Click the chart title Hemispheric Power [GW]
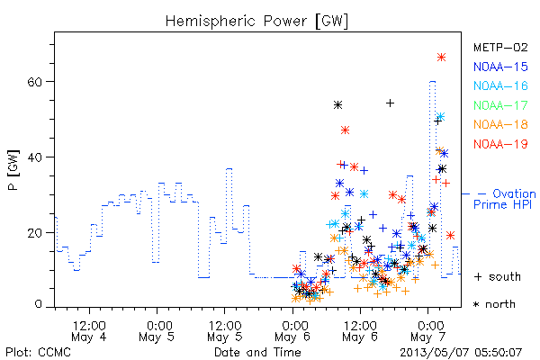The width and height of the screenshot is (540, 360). pyautogui.click(x=256, y=21)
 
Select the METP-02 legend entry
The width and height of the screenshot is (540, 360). pyautogui.click(x=500, y=48)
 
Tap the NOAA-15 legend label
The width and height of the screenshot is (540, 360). pyautogui.click(x=500, y=67)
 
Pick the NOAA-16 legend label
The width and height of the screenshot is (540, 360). pyautogui.click(x=500, y=85)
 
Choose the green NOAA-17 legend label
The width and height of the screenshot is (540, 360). pyautogui.click(x=500, y=105)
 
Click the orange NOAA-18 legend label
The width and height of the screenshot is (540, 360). pyautogui.click(x=500, y=124)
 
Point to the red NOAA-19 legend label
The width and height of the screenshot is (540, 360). pyautogui.click(x=500, y=144)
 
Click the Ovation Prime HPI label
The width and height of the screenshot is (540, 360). pyautogui.click(x=505, y=199)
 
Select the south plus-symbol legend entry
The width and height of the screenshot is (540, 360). pyautogui.click(x=497, y=276)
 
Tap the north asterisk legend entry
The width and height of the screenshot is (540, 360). pyautogui.click(x=494, y=304)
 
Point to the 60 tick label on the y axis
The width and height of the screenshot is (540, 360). pyautogui.click(x=35, y=82)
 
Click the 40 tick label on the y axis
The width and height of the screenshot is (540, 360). pyautogui.click(x=35, y=157)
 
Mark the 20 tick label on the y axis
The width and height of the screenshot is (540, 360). pyautogui.click(x=35, y=233)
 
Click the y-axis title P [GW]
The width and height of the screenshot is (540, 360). pyautogui.click(x=13, y=170)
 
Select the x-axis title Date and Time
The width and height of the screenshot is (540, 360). pyautogui.click(x=257, y=353)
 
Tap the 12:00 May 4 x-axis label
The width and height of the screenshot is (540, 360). pyautogui.click(x=89, y=330)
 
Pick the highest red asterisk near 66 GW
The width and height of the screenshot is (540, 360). pyautogui.click(x=442, y=58)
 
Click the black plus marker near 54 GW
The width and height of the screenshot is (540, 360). pyautogui.click(x=390, y=103)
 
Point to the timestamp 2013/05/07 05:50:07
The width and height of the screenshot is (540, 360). pyautogui.click(x=461, y=353)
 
